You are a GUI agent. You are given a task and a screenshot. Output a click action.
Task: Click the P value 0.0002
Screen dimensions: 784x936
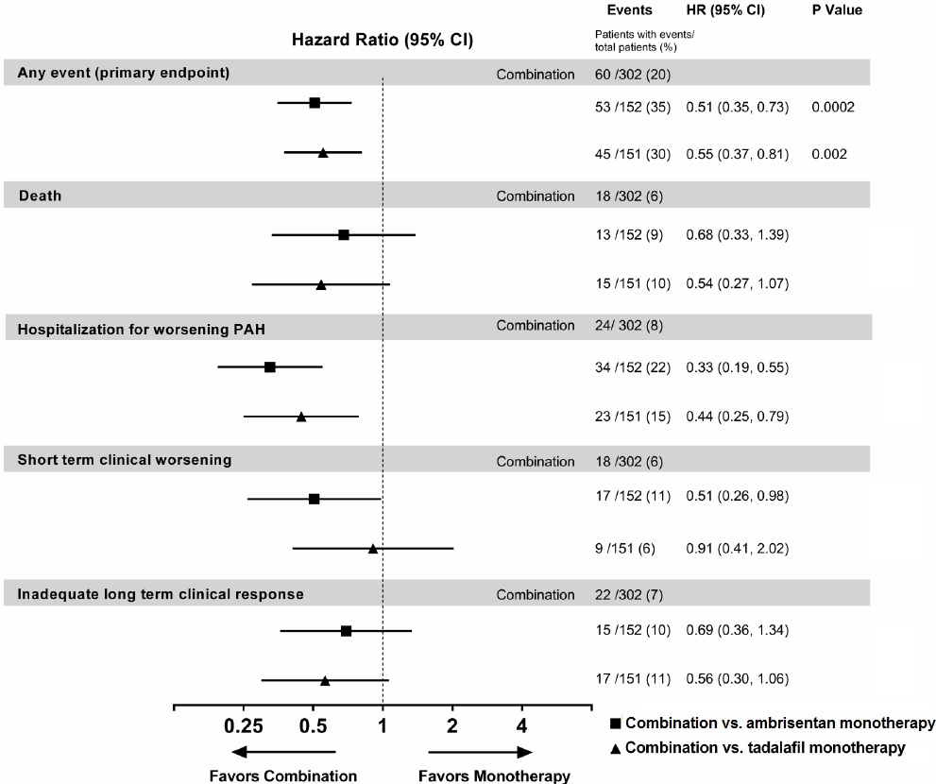tap(832, 108)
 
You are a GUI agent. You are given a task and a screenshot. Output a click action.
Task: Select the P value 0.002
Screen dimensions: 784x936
tap(828, 154)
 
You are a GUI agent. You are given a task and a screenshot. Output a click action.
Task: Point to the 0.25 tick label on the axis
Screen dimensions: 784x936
tap(244, 725)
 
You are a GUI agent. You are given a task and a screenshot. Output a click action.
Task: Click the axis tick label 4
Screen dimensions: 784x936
tap(521, 725)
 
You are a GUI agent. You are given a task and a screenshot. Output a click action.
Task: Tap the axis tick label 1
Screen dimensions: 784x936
tap(383, 725)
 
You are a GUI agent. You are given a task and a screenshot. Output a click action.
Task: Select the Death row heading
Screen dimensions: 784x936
tap(41, 196)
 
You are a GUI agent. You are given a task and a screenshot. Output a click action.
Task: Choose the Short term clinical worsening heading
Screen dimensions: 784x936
tap(125, 460)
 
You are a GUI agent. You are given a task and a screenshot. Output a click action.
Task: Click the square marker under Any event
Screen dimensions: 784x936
tap(315, 102)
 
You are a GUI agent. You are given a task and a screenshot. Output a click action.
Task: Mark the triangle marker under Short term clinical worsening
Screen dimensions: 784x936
tap(373, 549)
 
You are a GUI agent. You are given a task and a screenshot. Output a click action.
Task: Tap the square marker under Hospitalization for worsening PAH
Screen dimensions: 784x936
tap(270, 366)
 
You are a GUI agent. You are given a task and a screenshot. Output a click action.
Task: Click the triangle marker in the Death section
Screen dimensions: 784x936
tap(321, 283)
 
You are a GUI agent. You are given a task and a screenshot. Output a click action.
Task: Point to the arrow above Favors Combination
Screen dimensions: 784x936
tap(283, 752)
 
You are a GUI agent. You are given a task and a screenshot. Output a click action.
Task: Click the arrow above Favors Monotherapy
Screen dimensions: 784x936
tap(481, 752)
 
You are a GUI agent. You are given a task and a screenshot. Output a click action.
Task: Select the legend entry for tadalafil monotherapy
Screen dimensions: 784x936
tap(766, 747)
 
